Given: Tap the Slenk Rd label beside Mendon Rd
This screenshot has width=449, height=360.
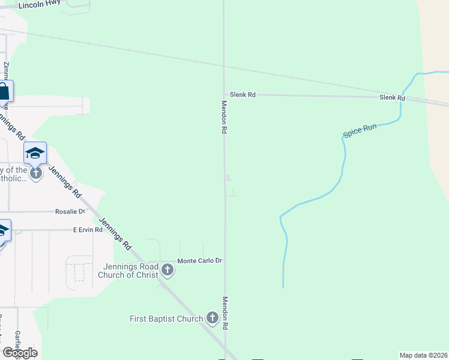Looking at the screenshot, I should coord(243,95).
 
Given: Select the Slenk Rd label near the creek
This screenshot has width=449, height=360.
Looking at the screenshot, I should coord(392,98).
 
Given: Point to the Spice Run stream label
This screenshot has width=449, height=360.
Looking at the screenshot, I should coord(360,130).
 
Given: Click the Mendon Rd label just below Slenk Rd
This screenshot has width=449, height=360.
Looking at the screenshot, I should coord(224,117).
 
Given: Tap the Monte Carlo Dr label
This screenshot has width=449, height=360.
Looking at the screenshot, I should coord(199,261).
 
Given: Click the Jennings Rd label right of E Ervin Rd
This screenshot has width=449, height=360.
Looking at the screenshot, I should coord(115,233).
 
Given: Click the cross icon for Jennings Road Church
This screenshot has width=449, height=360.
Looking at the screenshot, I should coord(167,271).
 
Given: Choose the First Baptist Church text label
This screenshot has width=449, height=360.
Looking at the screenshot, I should coord(166,319).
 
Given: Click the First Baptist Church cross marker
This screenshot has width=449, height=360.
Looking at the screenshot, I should coord(212,318).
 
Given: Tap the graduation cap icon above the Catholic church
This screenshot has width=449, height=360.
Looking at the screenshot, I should coord(35,154).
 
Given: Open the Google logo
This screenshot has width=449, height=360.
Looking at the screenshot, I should coord(20,353).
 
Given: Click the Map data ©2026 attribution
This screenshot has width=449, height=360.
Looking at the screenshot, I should coord(424,355).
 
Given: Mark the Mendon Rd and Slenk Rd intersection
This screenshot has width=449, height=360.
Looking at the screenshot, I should coord(224,95).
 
